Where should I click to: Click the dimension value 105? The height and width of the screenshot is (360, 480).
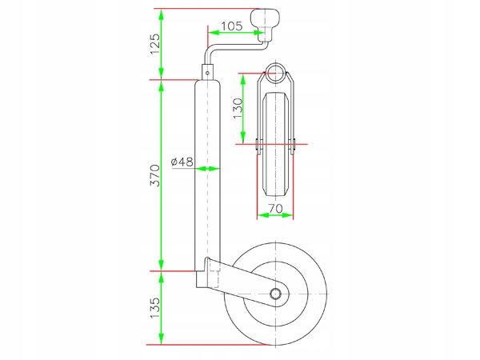pyautogui.click(x=231, y=26)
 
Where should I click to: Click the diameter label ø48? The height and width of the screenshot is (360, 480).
pyautogui.click(x=182, y=162)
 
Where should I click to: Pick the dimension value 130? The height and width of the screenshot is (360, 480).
pyautogui.click(x=237, y=108)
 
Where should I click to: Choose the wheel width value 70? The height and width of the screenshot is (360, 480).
pyautogui.click(x=276, y=209)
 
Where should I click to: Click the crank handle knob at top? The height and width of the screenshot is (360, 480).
pyautogui.click(x=266, y=18)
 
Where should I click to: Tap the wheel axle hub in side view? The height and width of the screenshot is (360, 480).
pyautogui.click(x=277, y=294)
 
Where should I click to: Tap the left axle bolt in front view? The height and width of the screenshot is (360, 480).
pyautogui.click(x=257, y=144)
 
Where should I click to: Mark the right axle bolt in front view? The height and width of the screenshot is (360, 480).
pyautogui.click(x=294, y=144)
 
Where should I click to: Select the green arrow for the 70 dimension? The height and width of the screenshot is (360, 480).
pyautogui.click(x=276, y=217)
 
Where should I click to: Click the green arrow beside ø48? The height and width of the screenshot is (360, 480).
pyautogui.click(x=209, y=168)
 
